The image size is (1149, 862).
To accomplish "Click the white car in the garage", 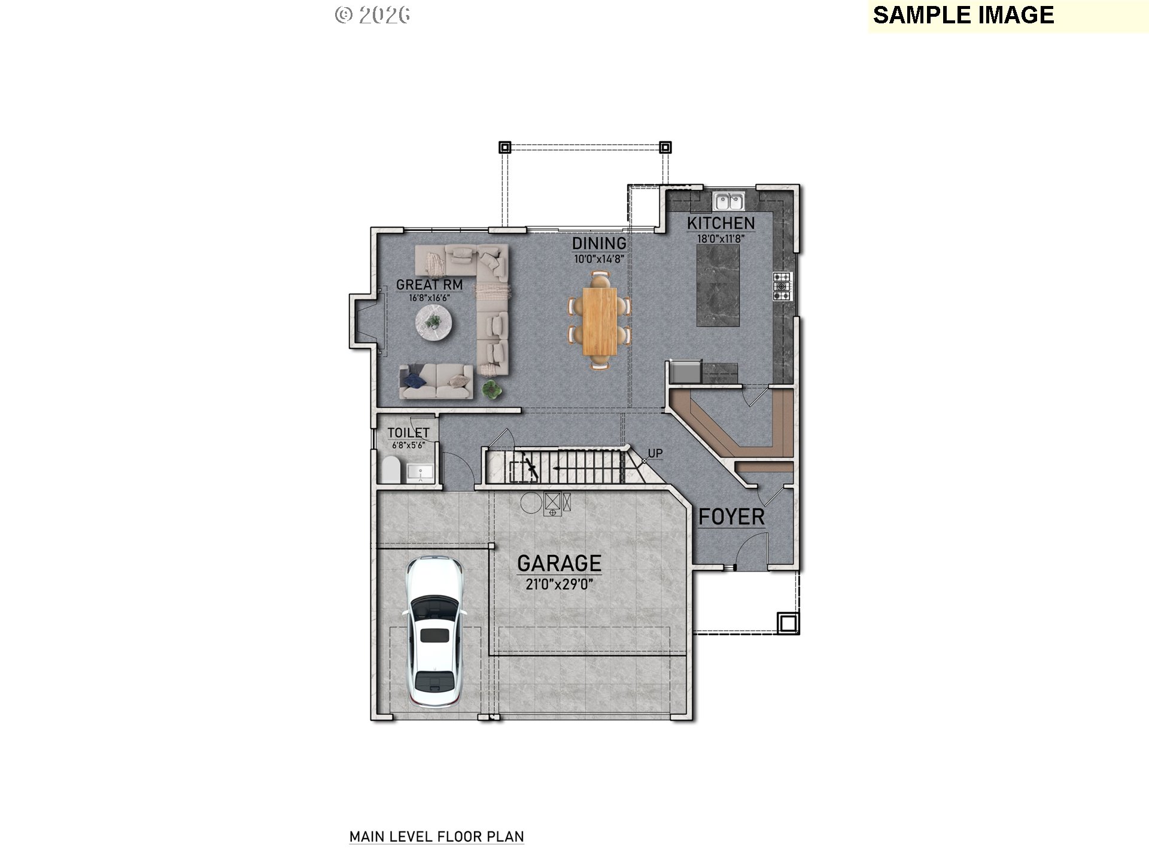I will tap(434, 632).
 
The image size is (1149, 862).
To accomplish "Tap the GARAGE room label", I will tap(559, 563).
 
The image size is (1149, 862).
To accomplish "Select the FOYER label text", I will tap(731, 517).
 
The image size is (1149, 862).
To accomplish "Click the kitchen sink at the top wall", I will tap(728, 201).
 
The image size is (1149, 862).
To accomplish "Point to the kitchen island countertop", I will tap(718, 285).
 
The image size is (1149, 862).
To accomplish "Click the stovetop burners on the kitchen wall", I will tap(782, 286).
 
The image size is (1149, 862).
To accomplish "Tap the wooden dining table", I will tap(600, 320).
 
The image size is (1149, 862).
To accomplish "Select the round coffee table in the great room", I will tap(434, 323).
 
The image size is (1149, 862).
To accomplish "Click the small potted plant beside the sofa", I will tap(491, 389).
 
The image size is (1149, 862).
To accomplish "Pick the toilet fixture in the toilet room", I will tap(391, 470).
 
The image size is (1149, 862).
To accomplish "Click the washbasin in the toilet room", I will tap(420, 472).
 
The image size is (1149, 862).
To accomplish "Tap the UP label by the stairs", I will tap(655, 453).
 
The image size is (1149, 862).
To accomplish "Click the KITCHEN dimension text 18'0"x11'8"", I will tap(721, 238).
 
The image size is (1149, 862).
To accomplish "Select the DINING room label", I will tap(599, 243).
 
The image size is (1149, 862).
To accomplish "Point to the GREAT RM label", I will tap(429, 285).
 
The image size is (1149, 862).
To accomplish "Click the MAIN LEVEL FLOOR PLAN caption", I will tap(436, 836).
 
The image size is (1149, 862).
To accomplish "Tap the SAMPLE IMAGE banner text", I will tap(963, 15).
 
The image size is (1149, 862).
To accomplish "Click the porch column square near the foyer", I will tap(788, 623).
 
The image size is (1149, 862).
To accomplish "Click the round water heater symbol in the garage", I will tap(530, 502).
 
